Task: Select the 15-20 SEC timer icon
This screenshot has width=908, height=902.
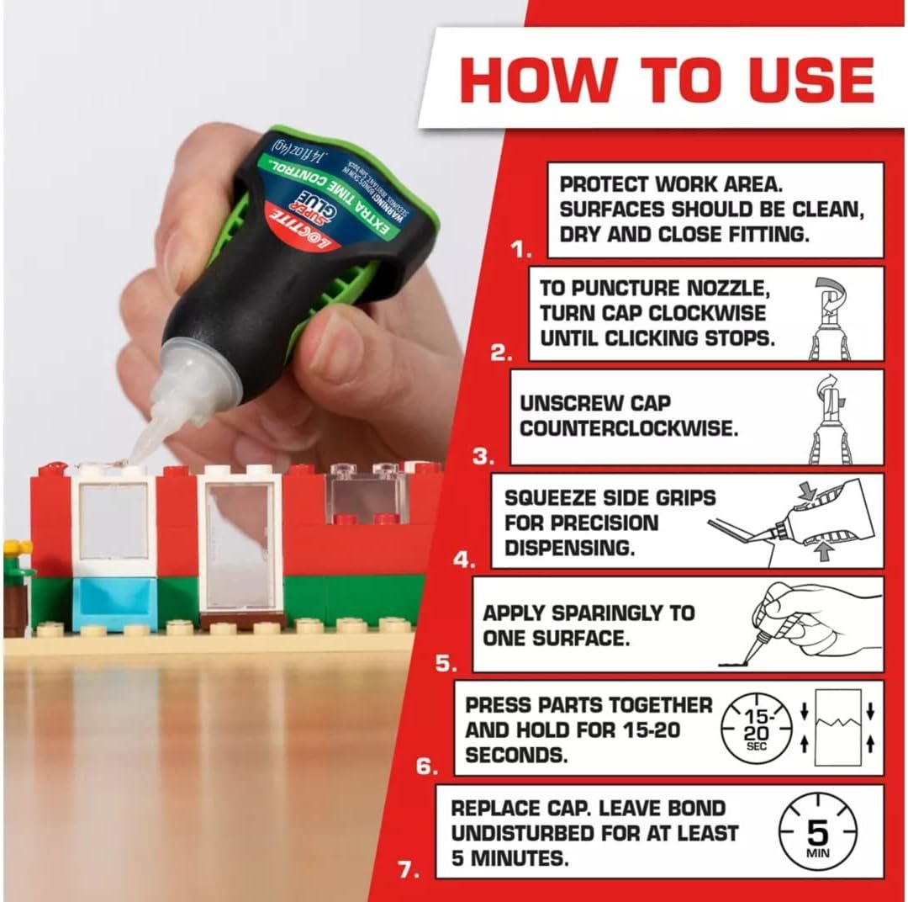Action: (x=757, y=729)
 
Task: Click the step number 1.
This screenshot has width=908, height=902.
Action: (x=524, y=250)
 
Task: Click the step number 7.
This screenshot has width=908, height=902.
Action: (x=409, y=870)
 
